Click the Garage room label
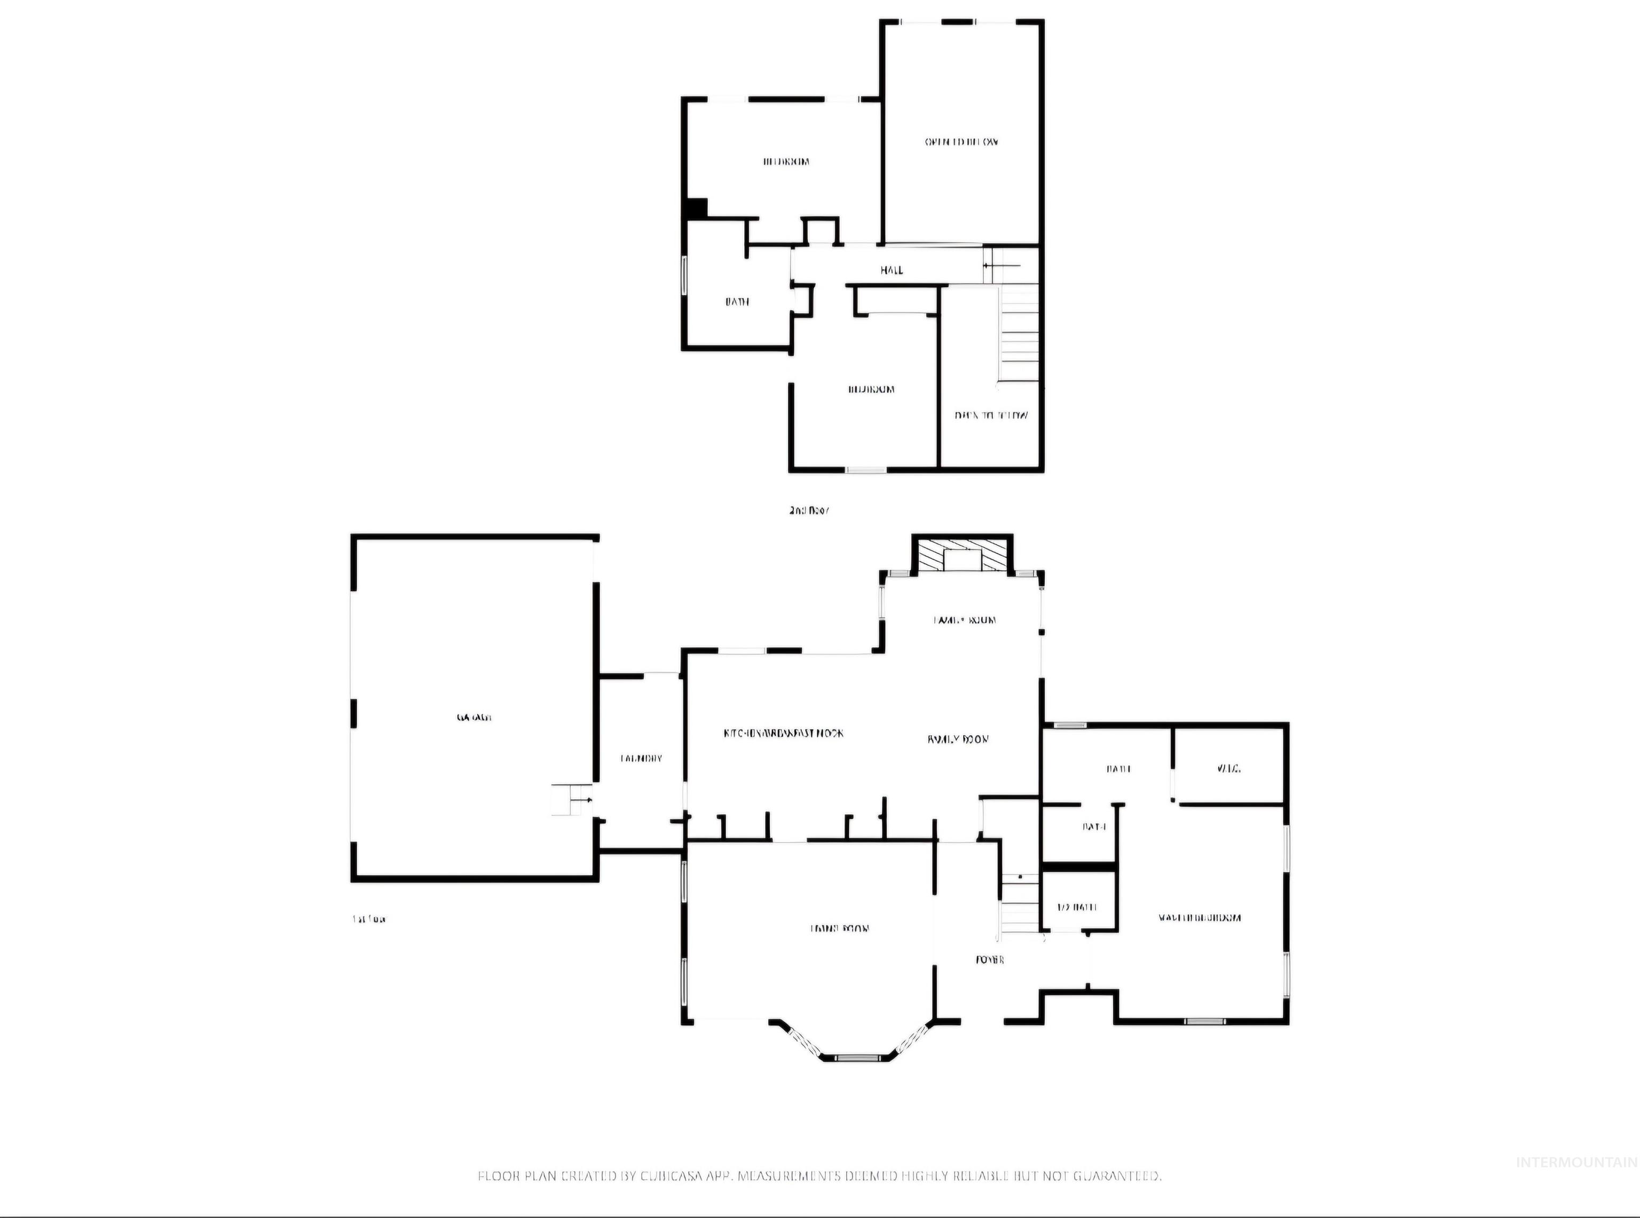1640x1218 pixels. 474,717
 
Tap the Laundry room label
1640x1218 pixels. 641,758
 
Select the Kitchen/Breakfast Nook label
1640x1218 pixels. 783,733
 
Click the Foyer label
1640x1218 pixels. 990,960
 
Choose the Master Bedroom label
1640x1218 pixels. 1199,918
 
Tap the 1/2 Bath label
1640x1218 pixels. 1077,907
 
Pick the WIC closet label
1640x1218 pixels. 1229,768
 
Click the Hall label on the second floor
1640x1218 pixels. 891,270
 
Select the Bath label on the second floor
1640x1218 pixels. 737,302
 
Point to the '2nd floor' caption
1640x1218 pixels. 809,509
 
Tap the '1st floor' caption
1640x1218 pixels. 368,920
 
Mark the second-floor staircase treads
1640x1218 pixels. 1019,335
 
